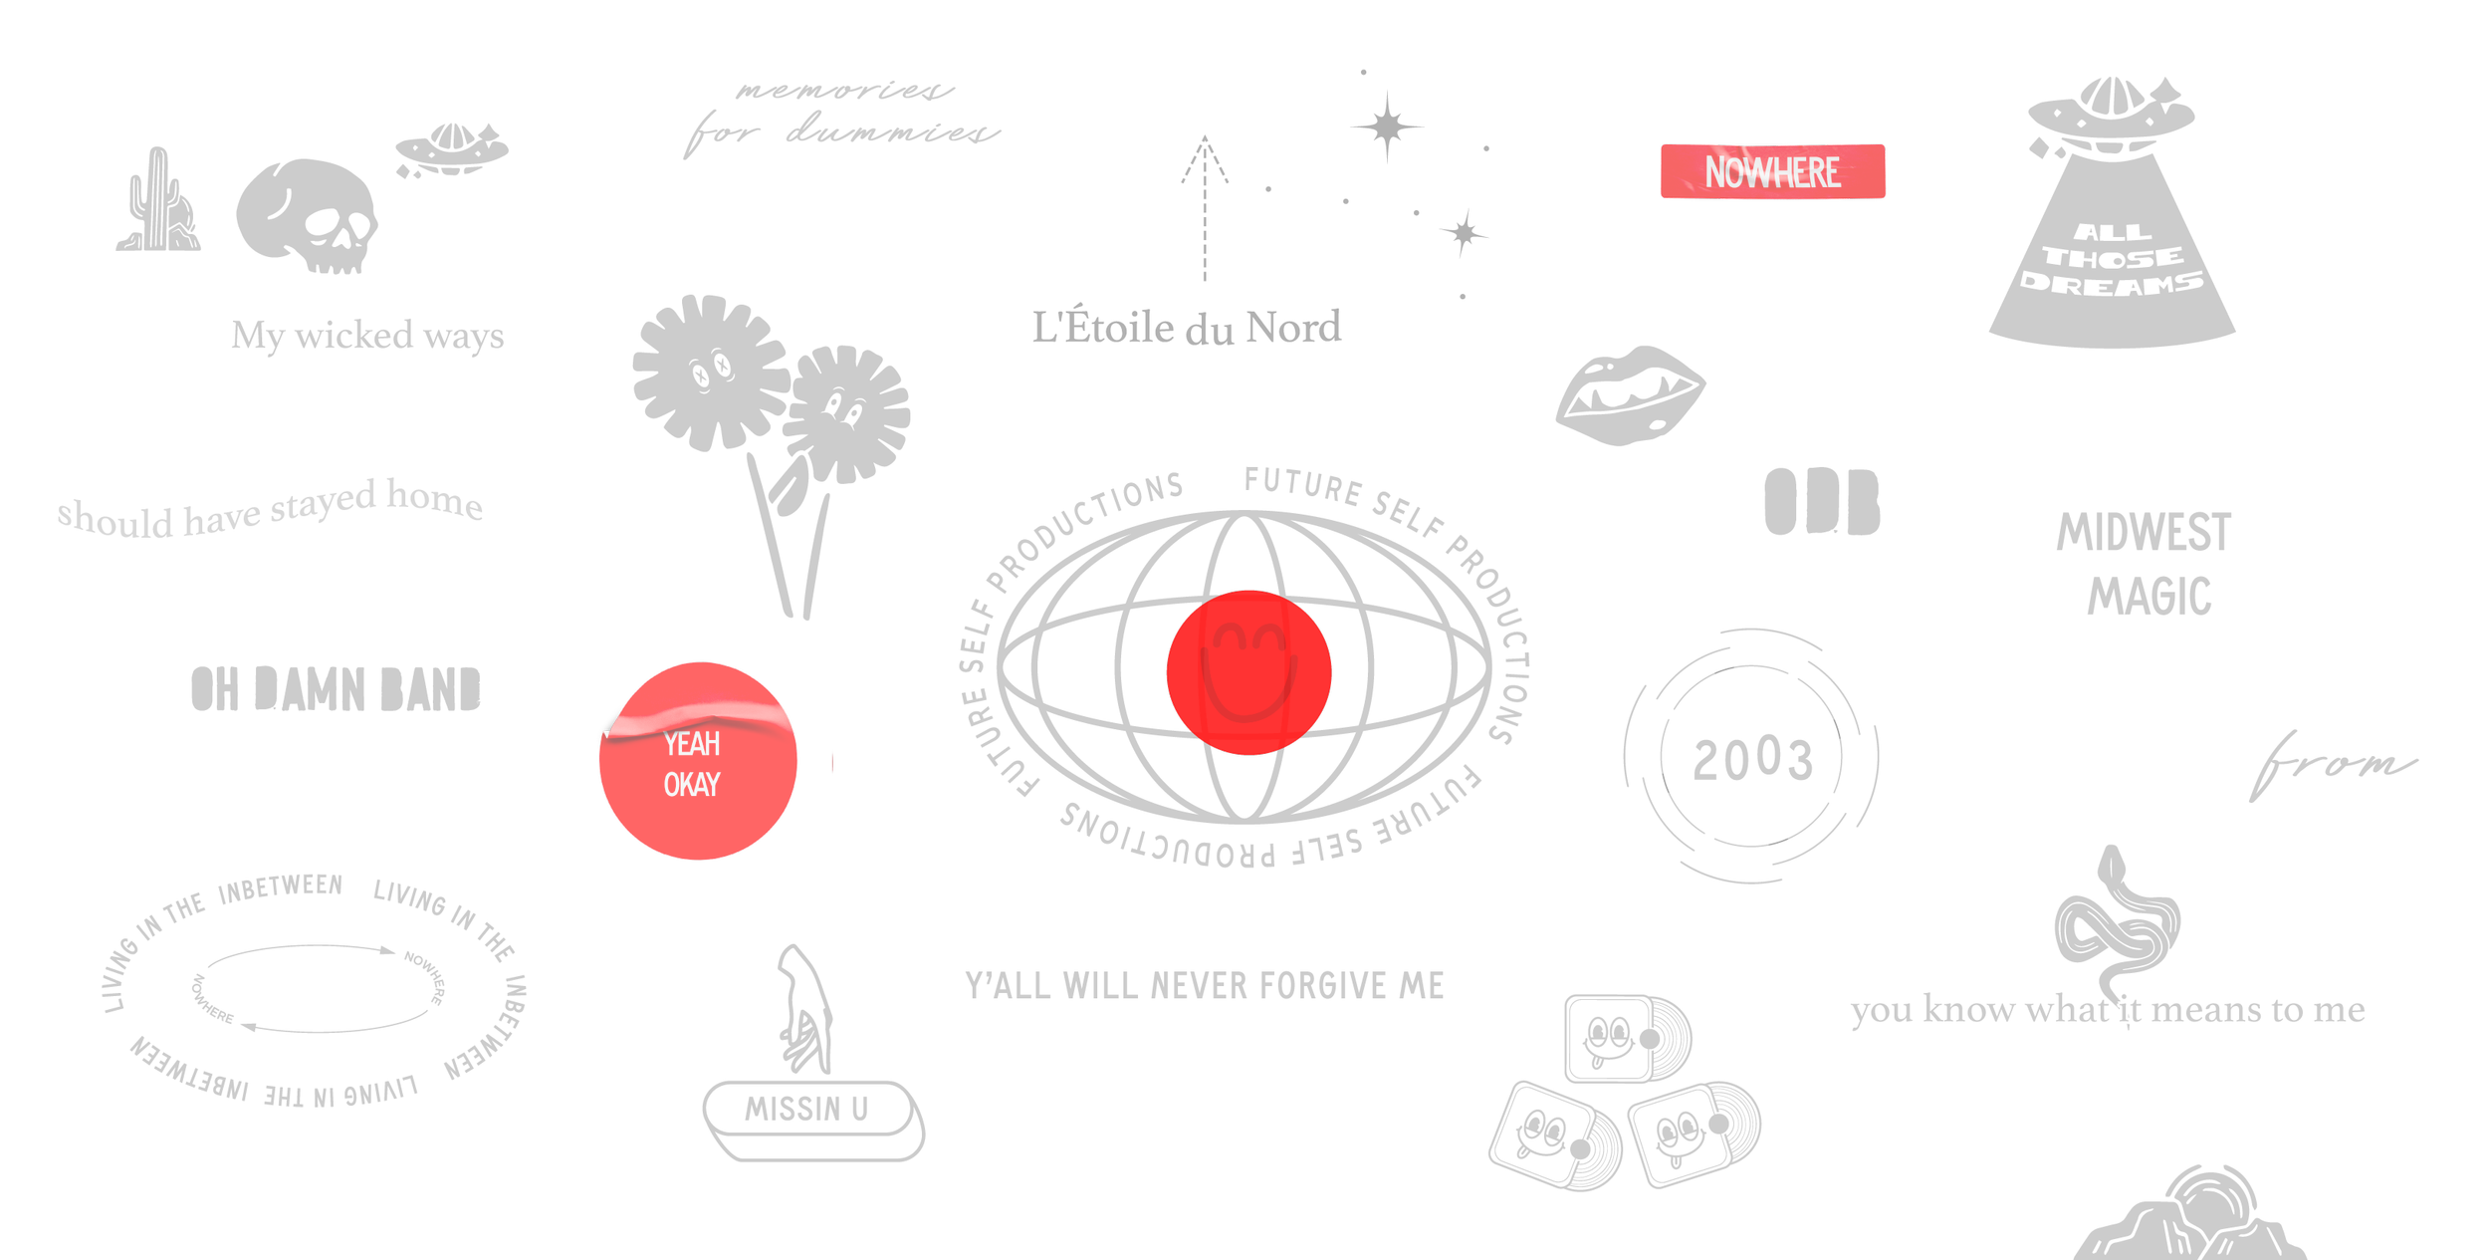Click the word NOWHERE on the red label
[1772, 172]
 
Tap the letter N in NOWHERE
[1715, 172]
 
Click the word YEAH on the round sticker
[692, 744]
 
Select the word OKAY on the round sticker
[692, 785]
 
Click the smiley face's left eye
[1231, 637]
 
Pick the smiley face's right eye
[1269, 636]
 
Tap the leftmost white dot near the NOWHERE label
[2057, 113]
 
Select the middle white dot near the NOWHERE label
[2081, 124]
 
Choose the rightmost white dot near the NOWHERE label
[2150, 122]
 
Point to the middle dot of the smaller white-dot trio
[431, 155]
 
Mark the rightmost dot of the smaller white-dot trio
[478, 153]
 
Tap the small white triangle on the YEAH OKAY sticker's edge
[606, 735]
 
